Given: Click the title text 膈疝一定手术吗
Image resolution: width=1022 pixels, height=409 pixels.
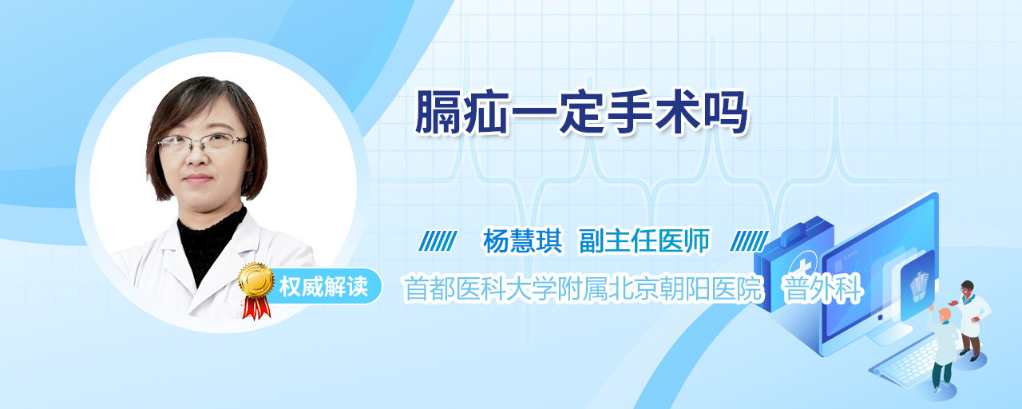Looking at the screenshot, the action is [581, 113].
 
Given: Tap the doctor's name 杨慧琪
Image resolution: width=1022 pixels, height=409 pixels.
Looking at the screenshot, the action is [522, 241].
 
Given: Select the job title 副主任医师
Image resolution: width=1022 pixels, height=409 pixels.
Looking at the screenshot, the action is [644, 241].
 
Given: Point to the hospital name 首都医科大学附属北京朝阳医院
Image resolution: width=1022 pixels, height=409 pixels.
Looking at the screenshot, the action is [584, 288].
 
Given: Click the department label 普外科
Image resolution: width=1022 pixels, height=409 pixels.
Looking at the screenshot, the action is [822, 288].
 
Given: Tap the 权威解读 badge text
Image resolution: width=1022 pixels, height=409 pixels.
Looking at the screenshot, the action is [323, 287].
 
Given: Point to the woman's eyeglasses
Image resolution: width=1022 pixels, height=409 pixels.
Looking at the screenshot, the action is [202, 143].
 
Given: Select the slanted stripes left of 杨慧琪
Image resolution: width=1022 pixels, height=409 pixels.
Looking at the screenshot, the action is [438, 241].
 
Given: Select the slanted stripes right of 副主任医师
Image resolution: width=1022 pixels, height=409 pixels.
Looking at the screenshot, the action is [749, 241].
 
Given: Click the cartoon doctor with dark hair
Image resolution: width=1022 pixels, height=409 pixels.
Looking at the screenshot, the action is [972, 320].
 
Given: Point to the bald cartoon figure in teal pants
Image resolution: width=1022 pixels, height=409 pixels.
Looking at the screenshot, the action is [944, 348].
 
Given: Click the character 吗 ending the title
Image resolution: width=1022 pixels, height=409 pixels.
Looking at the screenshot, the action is [726, 113].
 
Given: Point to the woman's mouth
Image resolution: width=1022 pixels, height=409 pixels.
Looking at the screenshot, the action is [199, 178].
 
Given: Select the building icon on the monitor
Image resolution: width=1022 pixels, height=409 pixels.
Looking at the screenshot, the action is [918, 287].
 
